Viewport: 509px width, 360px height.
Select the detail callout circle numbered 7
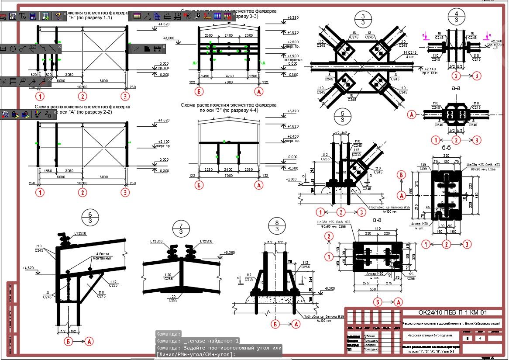180,228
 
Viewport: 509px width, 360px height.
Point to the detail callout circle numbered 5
342,117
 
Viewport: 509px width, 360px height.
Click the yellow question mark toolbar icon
58,16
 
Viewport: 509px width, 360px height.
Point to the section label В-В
377,222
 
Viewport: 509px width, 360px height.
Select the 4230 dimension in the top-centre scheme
229,75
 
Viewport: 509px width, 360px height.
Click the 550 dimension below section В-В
373,289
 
